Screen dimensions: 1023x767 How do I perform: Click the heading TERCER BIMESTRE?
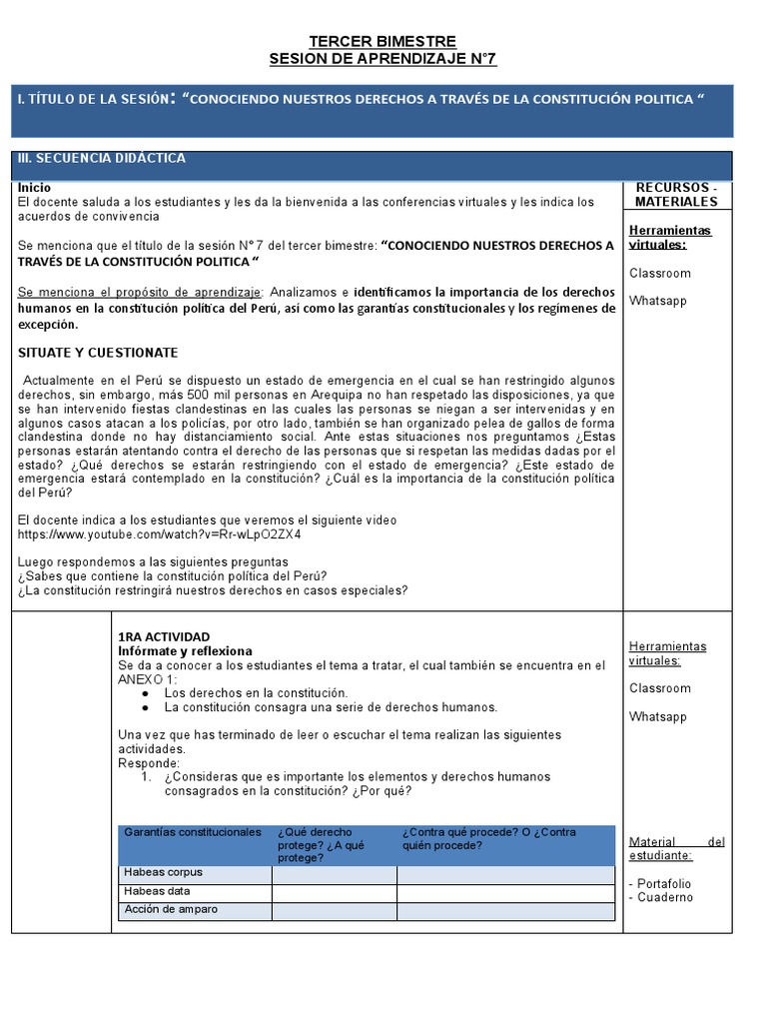(x=383, y=41)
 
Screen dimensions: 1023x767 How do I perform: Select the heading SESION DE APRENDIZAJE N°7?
(x=383, y=59)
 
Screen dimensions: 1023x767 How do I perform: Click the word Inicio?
(x=35, y=187)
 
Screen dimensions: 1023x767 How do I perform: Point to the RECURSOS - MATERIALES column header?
(x=676, y=194)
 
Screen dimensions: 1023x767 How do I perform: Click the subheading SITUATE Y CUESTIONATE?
(x=98, y=353)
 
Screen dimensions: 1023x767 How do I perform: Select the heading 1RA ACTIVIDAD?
(x=164, y=636)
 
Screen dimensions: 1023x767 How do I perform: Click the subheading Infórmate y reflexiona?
(x=185, y=650)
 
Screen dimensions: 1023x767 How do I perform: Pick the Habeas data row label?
(x=157, y=891)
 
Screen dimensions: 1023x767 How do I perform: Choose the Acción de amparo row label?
(x=171, y=909)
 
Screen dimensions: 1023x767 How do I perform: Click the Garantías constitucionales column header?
(x=192, y=832)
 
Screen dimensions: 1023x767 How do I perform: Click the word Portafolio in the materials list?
(x=663, y=883)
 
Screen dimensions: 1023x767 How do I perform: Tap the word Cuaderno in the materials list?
(x=665, y=897)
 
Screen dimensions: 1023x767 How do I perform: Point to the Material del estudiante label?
(x=676, y=848)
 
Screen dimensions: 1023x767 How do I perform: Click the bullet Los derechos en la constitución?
(x=256, y=692)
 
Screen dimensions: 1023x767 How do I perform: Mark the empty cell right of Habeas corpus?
(x=334, y=874)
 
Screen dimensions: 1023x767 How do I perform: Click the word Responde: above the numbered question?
(x=148, y=762)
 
